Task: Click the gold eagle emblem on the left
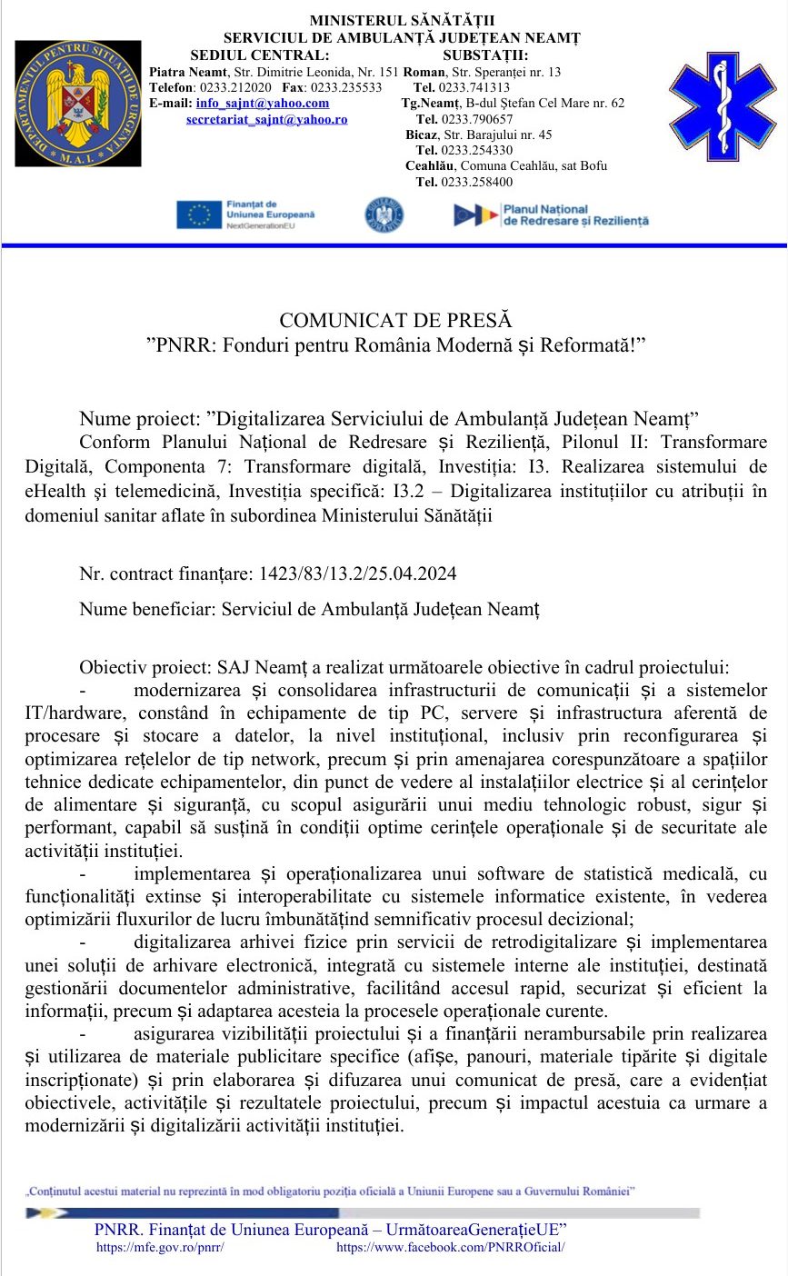[77, 103]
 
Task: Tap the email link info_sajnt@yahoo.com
[263, 104]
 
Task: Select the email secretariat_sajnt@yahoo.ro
[266, 119]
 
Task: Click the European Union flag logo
[199, 214]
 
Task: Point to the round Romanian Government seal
[384, 214]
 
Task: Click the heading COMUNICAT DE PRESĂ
[395, 321]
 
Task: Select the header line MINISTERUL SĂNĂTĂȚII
[403, 21]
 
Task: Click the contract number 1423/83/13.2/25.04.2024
[358, 573]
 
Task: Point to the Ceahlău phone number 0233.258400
[477, 182]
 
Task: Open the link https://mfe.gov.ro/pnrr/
[160, 1248]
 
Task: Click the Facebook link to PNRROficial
[451, 1248]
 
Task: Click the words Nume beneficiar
[146, 609]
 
